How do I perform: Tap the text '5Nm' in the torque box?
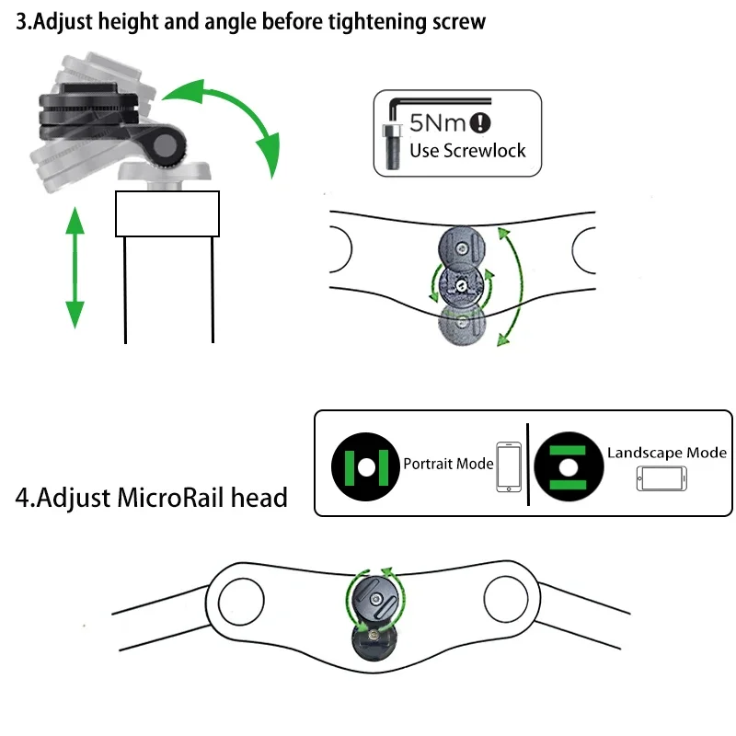pos(437,122)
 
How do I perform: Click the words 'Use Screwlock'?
pos(467,150)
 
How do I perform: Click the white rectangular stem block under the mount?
pos(167,213)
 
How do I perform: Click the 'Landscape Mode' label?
pos(667,453)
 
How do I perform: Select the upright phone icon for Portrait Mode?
pos(508,466)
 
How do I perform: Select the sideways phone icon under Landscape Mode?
pos(661,479)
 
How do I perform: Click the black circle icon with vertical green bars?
pos(365,465)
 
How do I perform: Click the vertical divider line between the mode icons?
pos(528,464)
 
